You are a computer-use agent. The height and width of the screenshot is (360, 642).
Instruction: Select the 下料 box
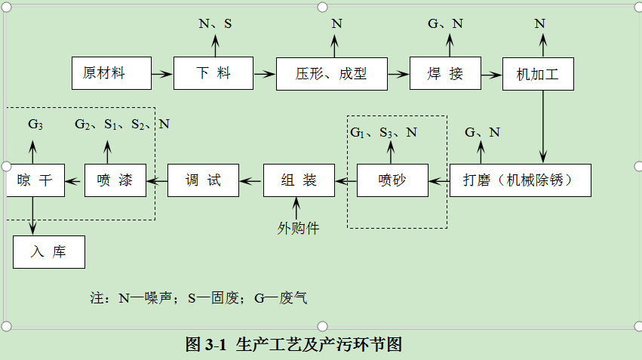pos(213,74)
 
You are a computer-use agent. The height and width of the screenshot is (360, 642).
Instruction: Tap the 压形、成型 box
pos(331,74)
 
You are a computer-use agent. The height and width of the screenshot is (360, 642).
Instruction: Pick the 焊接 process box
pos(445,74)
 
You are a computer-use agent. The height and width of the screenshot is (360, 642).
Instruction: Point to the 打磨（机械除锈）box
pos(520,180)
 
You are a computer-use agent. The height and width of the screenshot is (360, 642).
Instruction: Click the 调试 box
pos(203,180)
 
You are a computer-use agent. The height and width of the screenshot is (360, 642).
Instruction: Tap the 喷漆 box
pos(115,180)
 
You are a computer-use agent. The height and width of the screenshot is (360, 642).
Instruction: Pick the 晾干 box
pos(35,180)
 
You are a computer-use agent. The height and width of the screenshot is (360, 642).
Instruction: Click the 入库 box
pos(48,252)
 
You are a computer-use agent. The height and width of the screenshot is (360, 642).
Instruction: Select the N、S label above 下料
pos(215,24)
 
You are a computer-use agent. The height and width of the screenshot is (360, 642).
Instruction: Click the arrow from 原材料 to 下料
pos(160,74)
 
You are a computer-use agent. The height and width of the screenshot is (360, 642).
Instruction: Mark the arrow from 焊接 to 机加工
pos(492,74)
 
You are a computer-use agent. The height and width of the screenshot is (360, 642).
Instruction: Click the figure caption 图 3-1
pos(293,345)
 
